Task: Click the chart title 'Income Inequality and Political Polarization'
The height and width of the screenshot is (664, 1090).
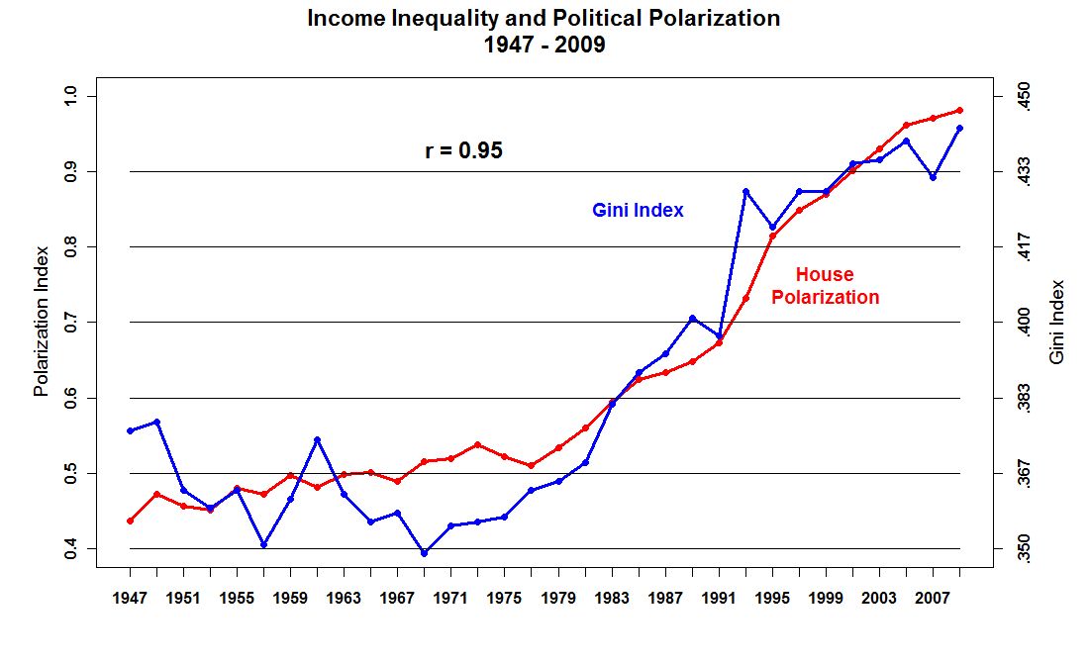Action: tap(544, 19)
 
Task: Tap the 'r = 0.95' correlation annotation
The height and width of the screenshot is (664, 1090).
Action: tap(463, 150)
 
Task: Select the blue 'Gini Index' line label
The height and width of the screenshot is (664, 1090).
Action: tap(638, 210)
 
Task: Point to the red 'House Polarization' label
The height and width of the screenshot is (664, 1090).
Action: tap(825, 286)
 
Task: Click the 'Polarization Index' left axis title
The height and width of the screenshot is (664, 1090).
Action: tap(42, 322)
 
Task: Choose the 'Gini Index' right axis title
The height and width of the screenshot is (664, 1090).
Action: tap(1057, 322)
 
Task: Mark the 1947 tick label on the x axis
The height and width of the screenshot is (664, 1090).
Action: tap(130, 599)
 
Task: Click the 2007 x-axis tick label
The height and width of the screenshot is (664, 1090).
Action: tap(932, 599)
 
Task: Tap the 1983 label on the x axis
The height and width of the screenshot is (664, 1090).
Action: tap(611, 599)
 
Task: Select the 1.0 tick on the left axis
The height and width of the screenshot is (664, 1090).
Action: tap(69, 96)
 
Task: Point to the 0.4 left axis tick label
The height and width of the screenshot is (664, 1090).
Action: tap(69, 548)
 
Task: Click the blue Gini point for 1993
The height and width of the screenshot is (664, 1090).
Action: tap(745, 191)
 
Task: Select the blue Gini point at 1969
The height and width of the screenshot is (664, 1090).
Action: tap(424, 553)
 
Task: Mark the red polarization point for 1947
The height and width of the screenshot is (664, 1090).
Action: tap(130, 521)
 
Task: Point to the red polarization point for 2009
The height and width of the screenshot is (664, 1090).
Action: tap(959, 110)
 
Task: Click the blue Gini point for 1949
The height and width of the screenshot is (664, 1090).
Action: tap(156, 422)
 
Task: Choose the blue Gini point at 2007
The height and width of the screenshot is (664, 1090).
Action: tap(933, 177)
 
